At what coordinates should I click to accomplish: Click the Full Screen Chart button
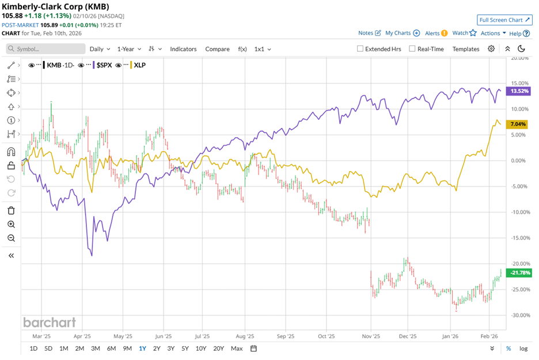504,20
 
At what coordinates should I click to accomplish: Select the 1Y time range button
142,348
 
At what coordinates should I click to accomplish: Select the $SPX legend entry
104,65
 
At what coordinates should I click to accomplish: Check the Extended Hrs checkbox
360,49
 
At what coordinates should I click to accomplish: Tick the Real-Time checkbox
412,49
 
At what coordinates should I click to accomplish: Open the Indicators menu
183,49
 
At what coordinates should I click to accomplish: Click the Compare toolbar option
217,49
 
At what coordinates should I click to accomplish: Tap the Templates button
465,49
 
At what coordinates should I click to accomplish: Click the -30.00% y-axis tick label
520,315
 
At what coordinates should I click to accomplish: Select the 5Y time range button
185,348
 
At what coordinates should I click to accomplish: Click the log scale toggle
523,348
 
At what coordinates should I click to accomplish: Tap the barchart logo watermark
49,322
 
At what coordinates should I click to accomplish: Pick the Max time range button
236,348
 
